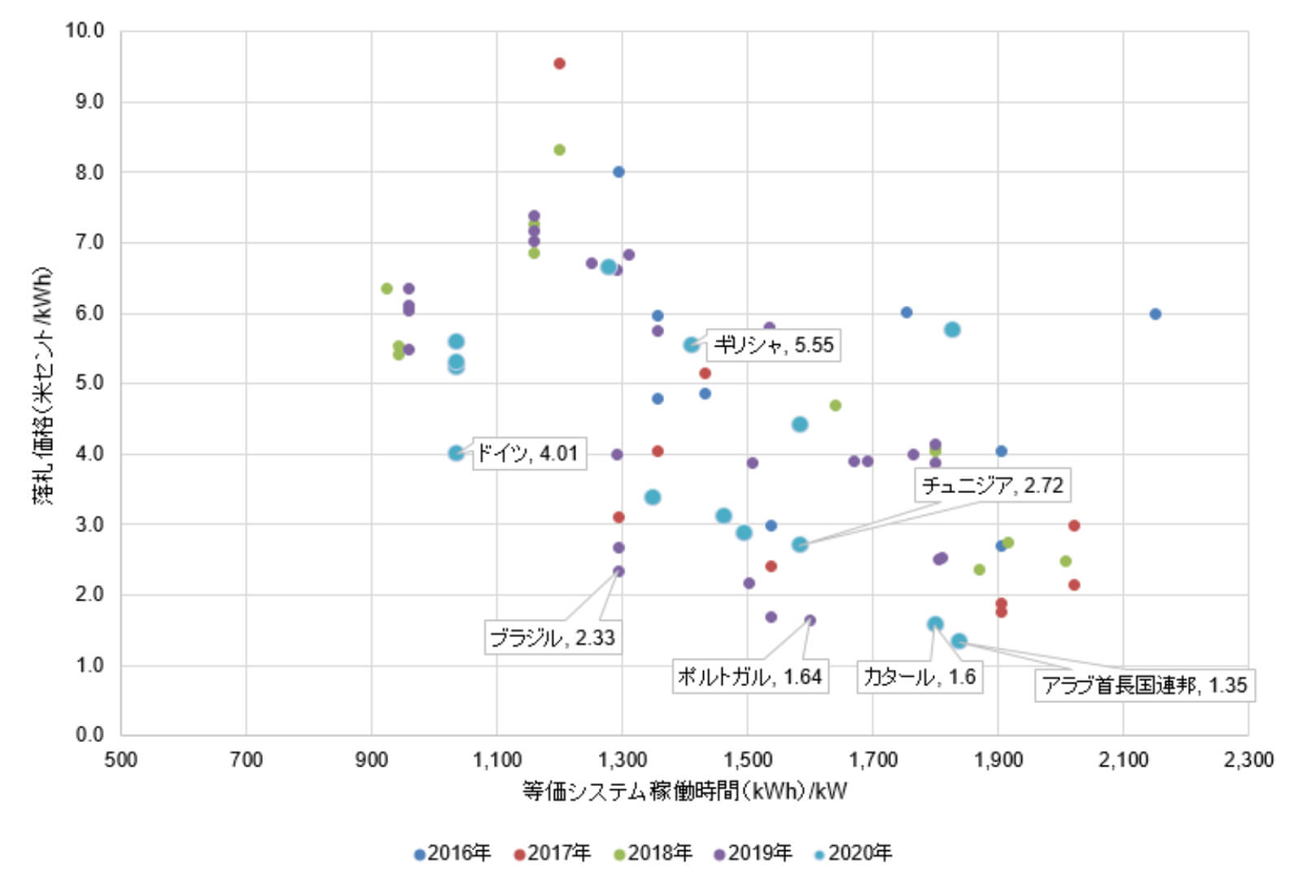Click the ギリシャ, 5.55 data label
(x=773, y=345)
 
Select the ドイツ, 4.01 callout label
(x=528, y=453)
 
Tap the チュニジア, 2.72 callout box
(x=992, y=485)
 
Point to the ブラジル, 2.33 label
(x=553, y=637)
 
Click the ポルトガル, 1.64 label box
(x=749, y=676)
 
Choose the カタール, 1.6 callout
(x=919, y=676)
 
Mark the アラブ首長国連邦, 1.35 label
(x=1143, y=685)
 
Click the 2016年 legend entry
(x=452, y=853)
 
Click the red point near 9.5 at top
(x=559, y=63)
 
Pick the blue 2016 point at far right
(x=1155, y=314)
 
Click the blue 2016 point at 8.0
(x=618, y=172)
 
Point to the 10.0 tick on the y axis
(x=85, y=31)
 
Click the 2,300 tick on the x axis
(x=1247, y=760)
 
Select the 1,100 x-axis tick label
(x=496, y=760)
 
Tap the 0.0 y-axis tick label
(x=89, y=735)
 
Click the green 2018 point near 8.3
(x=559, y=150)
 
